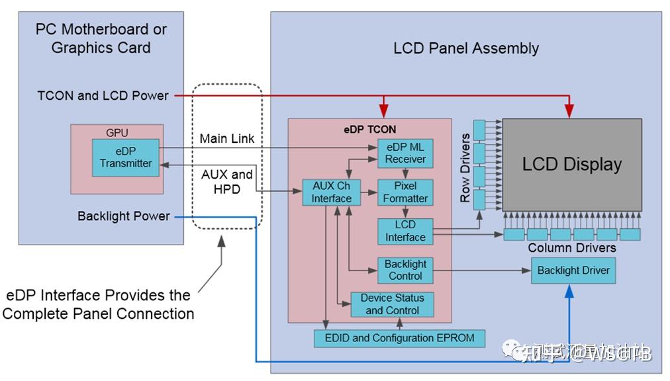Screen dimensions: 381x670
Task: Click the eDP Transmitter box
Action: (126, 157)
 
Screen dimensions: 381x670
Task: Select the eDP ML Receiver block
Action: (405, 153)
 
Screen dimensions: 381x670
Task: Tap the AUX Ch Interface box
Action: (332, 192)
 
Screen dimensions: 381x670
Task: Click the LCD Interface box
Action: (405, 231)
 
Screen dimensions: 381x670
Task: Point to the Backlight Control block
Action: (405, 270)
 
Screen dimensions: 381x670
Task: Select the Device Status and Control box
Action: (392, 304)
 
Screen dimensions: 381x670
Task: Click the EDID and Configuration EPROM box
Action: (399, 338)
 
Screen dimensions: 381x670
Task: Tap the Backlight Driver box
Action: (573, 270)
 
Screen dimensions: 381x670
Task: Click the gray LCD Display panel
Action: (571, 165)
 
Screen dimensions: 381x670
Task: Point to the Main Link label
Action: (227, 139)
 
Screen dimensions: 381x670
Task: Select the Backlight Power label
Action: (123, 216)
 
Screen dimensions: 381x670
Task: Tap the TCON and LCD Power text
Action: (103, 95)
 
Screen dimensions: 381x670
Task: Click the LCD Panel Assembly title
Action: (466, 48)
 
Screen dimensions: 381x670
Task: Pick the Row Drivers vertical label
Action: (465, 168)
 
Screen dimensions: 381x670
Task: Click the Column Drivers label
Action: (572, 248)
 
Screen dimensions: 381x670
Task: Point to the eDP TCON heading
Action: (369, 128)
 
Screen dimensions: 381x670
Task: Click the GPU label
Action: (117, 132)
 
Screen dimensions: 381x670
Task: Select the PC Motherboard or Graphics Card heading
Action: (101, 38)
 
